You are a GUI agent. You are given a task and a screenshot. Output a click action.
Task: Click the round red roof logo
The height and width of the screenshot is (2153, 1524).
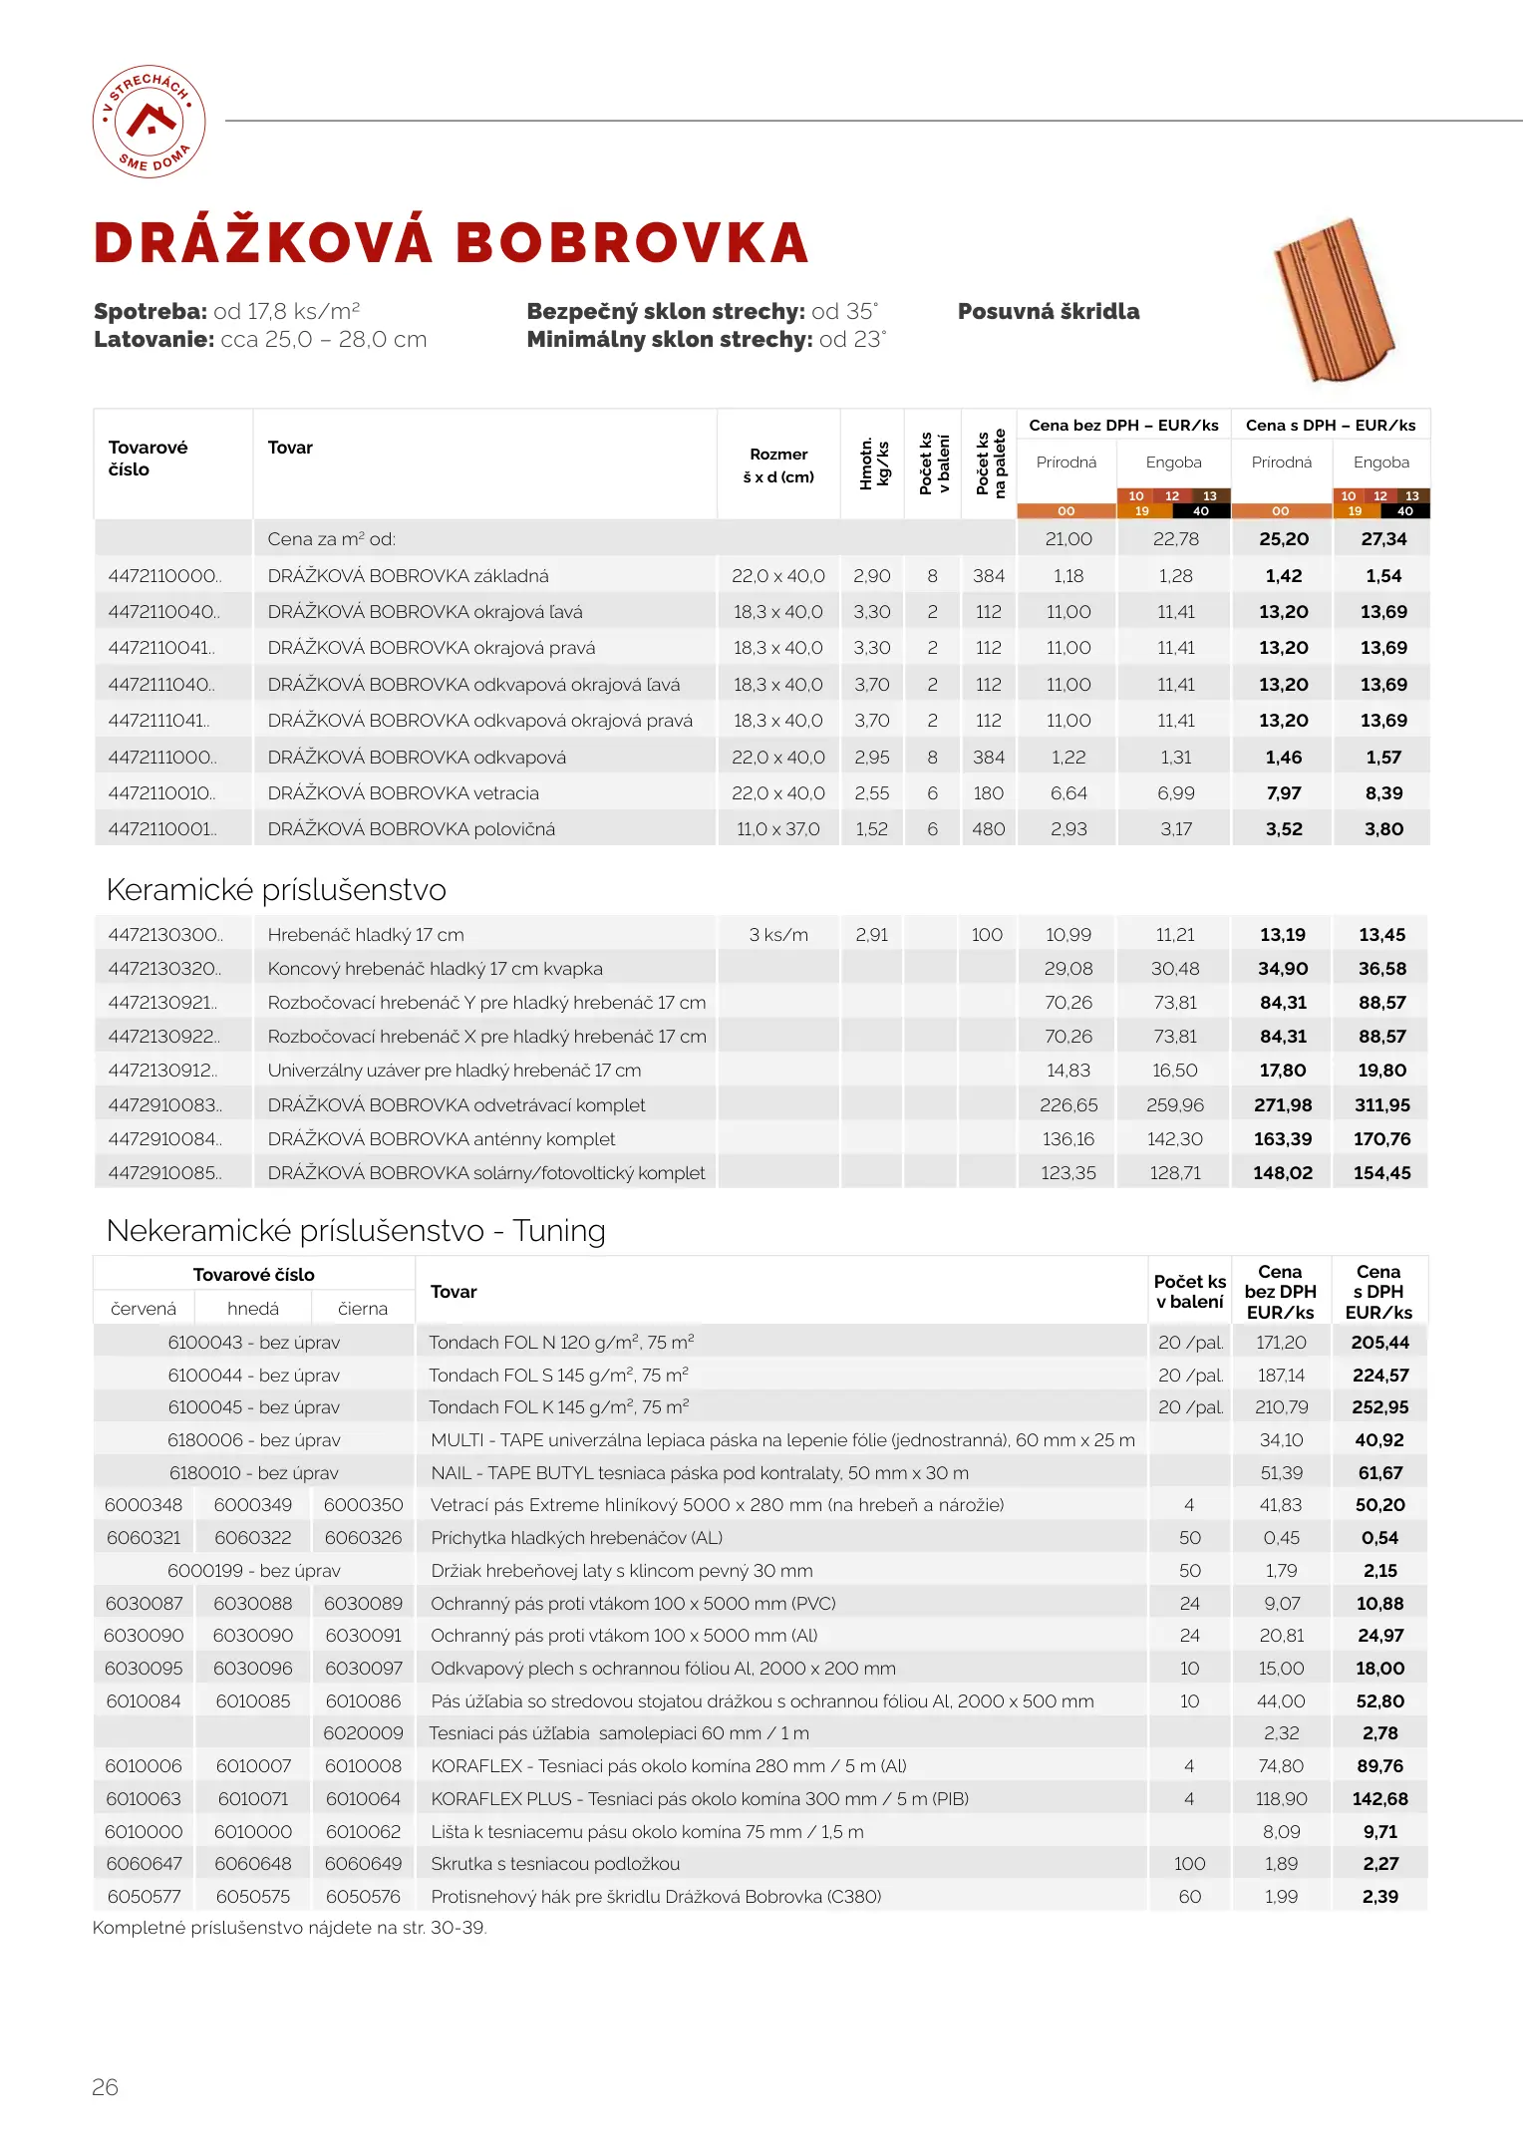tap(150, 122)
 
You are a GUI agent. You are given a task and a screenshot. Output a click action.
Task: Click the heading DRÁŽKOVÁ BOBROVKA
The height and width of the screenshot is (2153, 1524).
tap(451, 243)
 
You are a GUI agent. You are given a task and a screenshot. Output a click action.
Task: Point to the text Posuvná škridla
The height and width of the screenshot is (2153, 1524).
tap(1048, 311)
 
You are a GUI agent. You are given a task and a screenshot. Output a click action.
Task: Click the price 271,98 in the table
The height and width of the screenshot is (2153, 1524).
tap(1283, 1104)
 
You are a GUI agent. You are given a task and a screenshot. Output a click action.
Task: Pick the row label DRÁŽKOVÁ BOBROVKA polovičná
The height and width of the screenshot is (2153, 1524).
tap(411, 829)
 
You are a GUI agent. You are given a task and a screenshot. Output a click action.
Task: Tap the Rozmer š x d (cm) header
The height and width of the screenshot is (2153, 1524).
tap(778, 465)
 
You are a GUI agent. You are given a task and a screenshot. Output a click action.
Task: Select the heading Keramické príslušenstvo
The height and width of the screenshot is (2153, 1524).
tap(276, 889)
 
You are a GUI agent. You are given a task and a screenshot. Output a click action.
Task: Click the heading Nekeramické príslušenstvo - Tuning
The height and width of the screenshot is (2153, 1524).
tap(356, 1230)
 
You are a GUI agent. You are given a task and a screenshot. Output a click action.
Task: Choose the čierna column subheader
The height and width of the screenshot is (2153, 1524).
tap(363, 1308)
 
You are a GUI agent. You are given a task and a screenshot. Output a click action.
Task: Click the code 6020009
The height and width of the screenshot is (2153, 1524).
tap(363, 1733)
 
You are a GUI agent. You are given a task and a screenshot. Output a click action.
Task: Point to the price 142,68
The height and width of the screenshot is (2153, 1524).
tap(1380, 1799)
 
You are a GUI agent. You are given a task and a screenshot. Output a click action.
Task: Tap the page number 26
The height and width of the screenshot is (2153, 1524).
tap(105, 2086)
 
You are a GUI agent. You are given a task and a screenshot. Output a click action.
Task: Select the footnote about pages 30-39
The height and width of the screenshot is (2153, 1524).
tap(289, 1928)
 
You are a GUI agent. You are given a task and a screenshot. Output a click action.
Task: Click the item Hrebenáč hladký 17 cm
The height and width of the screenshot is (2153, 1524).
tap(366, 935)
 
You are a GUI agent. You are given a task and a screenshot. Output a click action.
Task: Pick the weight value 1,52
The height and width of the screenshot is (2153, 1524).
tap(871, 829)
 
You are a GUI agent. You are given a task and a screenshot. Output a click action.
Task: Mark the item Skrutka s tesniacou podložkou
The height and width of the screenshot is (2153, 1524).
tap(555, 1864)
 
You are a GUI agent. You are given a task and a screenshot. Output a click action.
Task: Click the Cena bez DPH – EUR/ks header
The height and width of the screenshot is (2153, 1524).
tap(1123, 426)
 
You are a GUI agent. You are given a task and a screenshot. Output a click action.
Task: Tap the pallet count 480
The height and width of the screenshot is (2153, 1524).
tap(988, 829)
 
